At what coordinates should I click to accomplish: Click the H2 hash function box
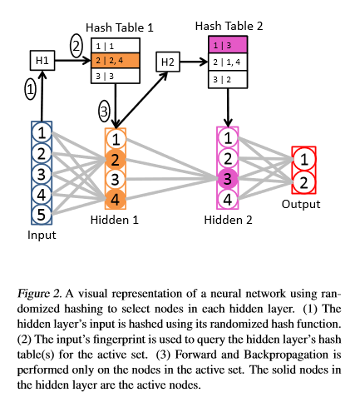pyautogui.click(x=167, y=61)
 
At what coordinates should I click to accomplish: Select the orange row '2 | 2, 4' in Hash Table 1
pyautogui.click(x=116, y=59)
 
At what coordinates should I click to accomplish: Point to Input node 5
pyautogui.click(x=40, y=213)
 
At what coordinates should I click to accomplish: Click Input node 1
pyautogui.click(x=40, y=132)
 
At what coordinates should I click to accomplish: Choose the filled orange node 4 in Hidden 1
pyautogui.click(x=116, y=199)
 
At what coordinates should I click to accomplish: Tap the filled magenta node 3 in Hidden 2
pyautogui.click(x=227, y=178)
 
